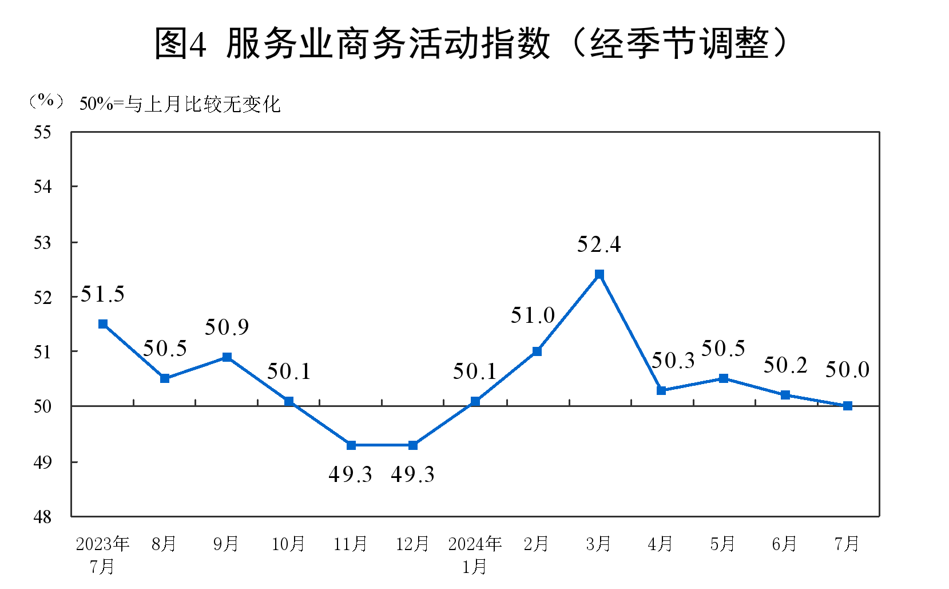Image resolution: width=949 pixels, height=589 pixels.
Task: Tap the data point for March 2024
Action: point(599,274)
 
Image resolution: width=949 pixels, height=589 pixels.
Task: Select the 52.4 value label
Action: point(598,244)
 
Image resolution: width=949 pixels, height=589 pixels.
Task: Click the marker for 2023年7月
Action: point(103,324)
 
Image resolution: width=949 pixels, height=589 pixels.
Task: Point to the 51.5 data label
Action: point(102,294)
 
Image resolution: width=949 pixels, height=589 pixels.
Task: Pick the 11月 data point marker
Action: point(351,445)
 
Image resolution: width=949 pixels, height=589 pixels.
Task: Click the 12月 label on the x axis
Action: point(412,543)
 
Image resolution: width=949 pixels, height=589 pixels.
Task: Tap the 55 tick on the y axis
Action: point(42,132)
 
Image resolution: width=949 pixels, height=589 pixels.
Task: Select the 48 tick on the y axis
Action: point(42,517)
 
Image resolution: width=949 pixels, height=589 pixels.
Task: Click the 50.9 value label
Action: point(227,327)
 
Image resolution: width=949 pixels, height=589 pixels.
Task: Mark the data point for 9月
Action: point(227,357)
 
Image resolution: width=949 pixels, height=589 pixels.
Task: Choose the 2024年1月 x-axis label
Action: point(475,554)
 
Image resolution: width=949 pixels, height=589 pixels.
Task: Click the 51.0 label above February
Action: point(533,315)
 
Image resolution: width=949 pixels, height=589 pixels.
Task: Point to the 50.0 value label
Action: point(847,370)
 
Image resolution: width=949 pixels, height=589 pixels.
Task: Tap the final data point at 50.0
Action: point(848,406)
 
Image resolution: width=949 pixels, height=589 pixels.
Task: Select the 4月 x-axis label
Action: point(660,543)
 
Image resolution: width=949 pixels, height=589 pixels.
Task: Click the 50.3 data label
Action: point(673,361)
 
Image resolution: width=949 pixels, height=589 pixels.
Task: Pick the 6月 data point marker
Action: point(785,395)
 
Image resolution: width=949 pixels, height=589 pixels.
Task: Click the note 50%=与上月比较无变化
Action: point(180,104)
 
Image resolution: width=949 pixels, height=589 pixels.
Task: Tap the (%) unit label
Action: point(46,101)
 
